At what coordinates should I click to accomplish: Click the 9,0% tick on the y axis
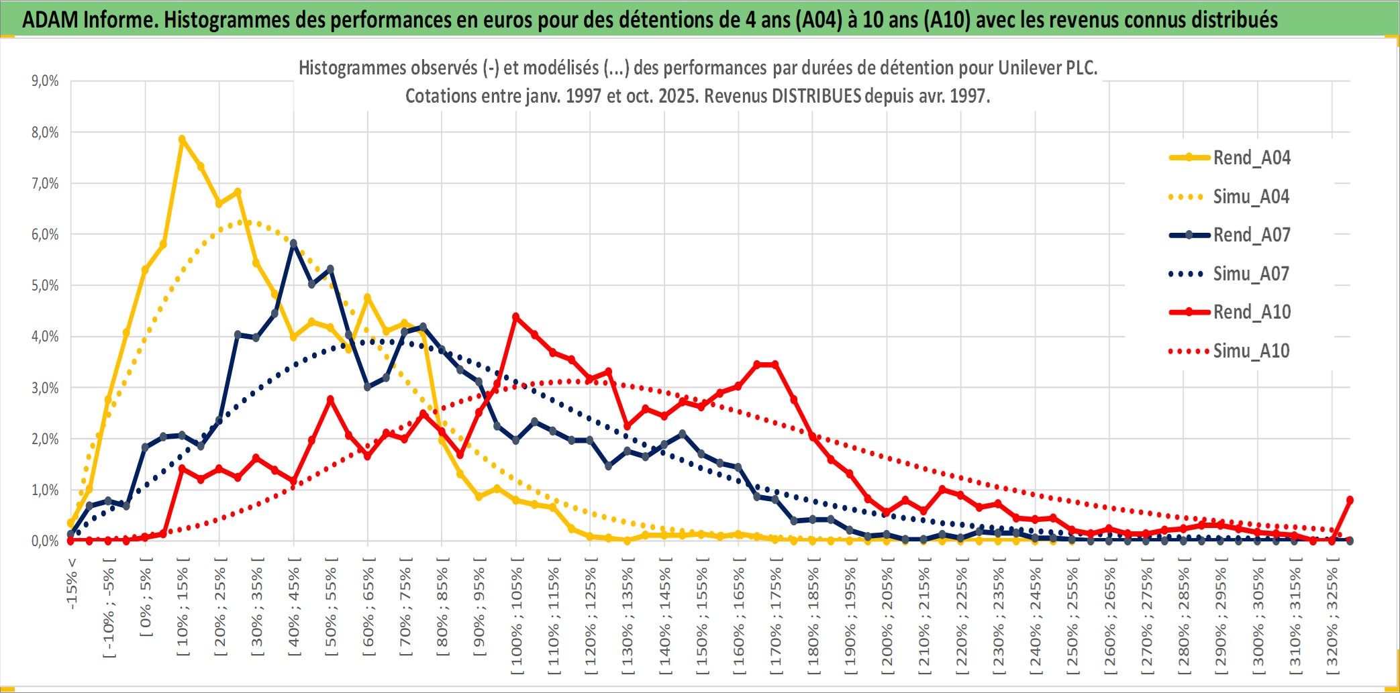[x=45, y=81]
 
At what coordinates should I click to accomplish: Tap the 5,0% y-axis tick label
[x=45, y=286]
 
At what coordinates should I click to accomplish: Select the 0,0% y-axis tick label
[x=45, y=541]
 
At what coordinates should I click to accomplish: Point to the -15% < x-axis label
[x=72, y=584]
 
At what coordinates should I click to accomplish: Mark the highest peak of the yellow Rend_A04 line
[x=182, y=140]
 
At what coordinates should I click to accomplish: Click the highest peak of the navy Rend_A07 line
[x=293, y=244]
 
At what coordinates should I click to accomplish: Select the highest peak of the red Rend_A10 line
[x=515, y=316]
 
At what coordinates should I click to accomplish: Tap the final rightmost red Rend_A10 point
[x=1350, y=500]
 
